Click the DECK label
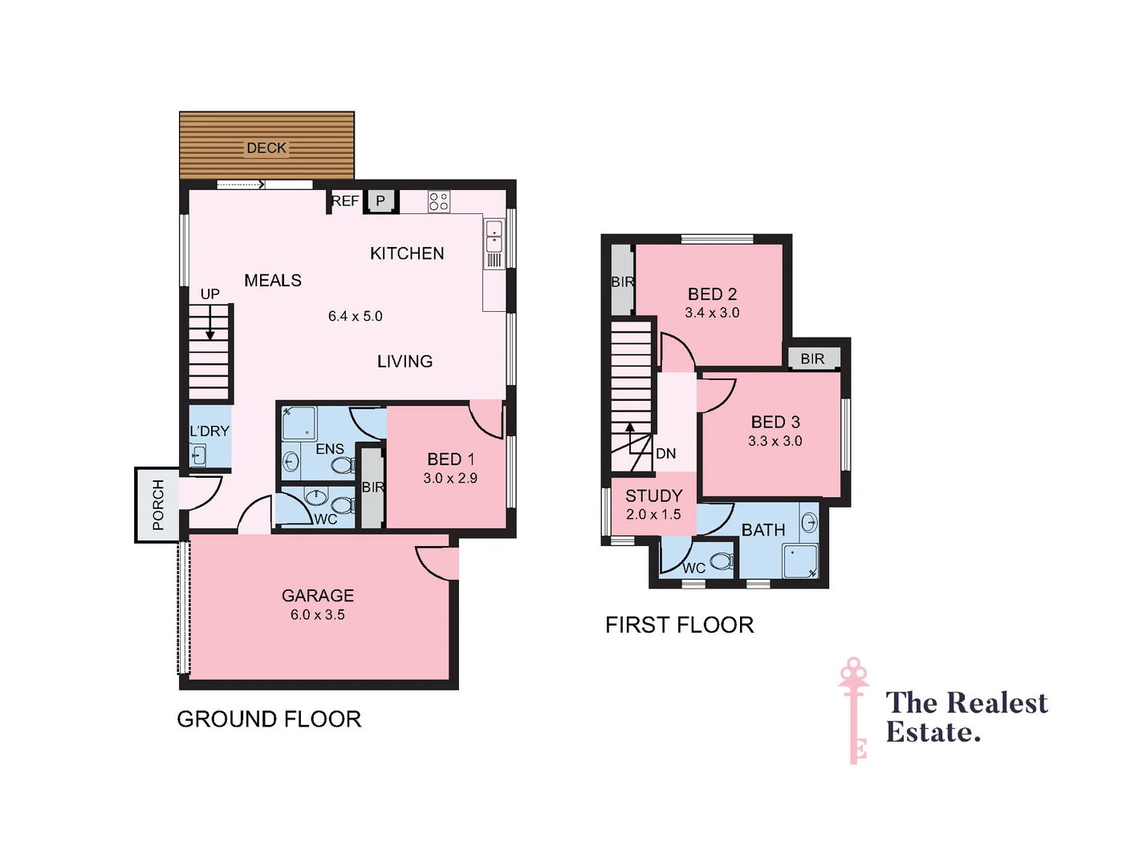point(266,148)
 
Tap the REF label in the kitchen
point(345,201)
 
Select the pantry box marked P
point(380,201)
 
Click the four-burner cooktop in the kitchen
point(439,201)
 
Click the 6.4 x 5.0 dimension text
point(355,317)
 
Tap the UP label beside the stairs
point(210,294)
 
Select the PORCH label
point(158,504)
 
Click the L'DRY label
point(209,431)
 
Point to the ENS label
point(330,449)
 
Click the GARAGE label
point(318,596)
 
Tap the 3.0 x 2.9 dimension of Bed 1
point(450,479)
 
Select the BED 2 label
point(712,294)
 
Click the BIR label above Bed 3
point(812,358)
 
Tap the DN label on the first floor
point(666,454)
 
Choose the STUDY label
point(654,496)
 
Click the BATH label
point(763,530)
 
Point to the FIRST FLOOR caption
point(680,625)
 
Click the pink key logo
point(854,710)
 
